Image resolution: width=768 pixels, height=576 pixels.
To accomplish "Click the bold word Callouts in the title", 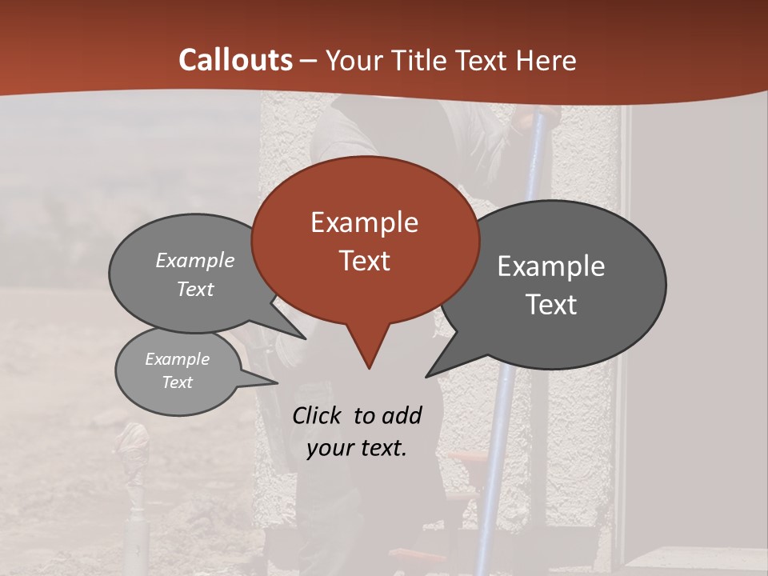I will (235, 60).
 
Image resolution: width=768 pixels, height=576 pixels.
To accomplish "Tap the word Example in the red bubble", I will (364, 222).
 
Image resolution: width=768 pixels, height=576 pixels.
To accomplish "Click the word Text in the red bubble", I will (364, 260).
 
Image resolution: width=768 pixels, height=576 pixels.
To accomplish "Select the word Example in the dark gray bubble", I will (550, 266).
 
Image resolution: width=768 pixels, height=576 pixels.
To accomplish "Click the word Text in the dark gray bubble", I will (550, 304).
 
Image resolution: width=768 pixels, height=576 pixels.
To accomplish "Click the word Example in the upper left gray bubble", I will (195, 261).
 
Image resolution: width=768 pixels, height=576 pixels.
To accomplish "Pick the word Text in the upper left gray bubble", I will (195, 289).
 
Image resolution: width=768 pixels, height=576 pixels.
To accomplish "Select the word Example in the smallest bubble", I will (177, 359).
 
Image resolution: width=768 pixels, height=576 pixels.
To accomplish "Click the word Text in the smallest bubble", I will (177, 382).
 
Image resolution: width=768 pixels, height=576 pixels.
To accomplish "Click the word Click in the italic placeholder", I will (318, 416).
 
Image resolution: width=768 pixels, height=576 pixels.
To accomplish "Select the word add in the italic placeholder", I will (402, 416).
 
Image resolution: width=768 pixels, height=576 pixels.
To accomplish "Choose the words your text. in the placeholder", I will (356, 448).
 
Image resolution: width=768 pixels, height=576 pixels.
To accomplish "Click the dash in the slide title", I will (310, 61).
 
